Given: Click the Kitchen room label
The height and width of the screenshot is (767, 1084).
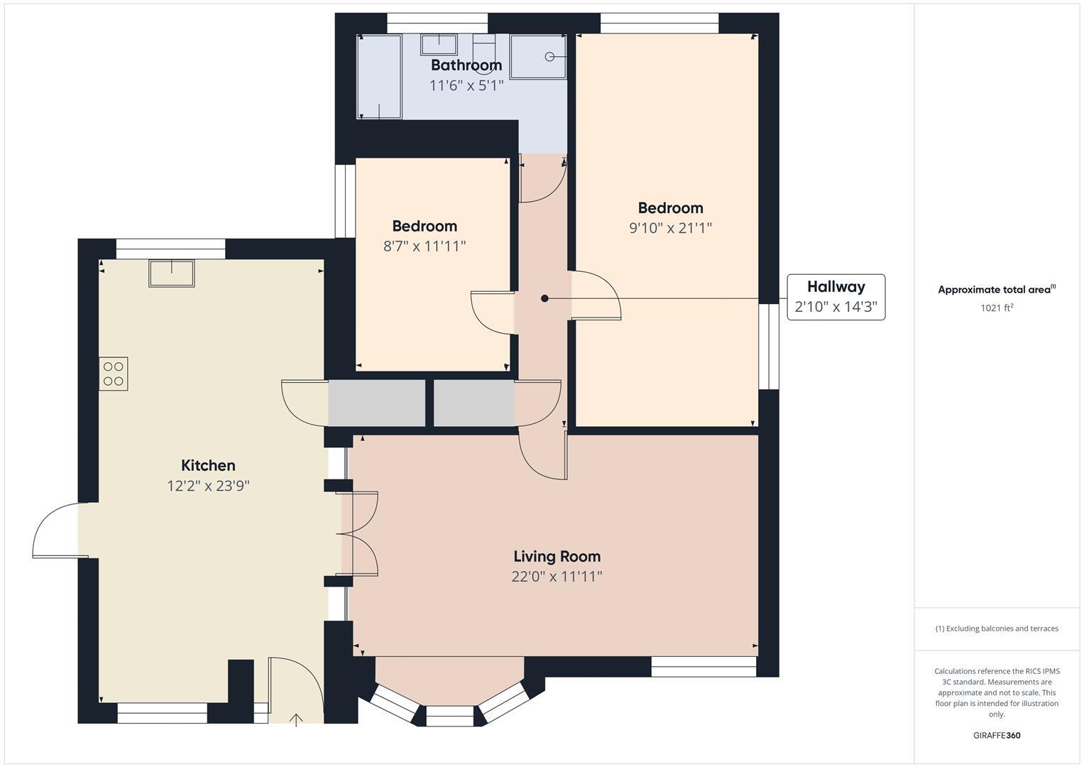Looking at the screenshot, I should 208,465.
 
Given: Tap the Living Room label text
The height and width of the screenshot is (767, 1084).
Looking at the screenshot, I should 557,556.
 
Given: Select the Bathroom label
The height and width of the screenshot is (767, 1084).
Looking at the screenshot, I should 466,65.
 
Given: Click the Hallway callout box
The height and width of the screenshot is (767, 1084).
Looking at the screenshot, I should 836,297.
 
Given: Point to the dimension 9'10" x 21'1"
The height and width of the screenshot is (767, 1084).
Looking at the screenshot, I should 670,228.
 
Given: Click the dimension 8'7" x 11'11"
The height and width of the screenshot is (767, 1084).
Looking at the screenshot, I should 425,246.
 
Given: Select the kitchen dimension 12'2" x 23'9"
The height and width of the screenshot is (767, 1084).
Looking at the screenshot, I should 208,486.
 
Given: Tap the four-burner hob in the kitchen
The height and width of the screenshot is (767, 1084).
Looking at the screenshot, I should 114,374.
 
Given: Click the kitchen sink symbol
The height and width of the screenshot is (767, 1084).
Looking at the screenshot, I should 171,273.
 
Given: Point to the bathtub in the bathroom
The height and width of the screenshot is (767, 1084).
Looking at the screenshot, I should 379,76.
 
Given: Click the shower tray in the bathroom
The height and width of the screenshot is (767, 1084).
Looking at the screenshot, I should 538,57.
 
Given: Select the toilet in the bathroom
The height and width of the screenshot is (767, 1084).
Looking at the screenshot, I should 483,50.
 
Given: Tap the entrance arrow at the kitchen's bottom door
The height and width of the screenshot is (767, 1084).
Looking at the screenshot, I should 296,720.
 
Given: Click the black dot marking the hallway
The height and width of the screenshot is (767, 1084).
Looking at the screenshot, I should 544,298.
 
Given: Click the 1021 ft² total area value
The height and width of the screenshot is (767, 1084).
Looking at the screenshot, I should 997,308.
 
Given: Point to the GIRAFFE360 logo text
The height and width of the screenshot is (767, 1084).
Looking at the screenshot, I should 997,735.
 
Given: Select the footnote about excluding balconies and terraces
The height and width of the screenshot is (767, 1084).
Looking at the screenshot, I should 997,629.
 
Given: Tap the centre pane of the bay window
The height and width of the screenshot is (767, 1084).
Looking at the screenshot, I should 449,716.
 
